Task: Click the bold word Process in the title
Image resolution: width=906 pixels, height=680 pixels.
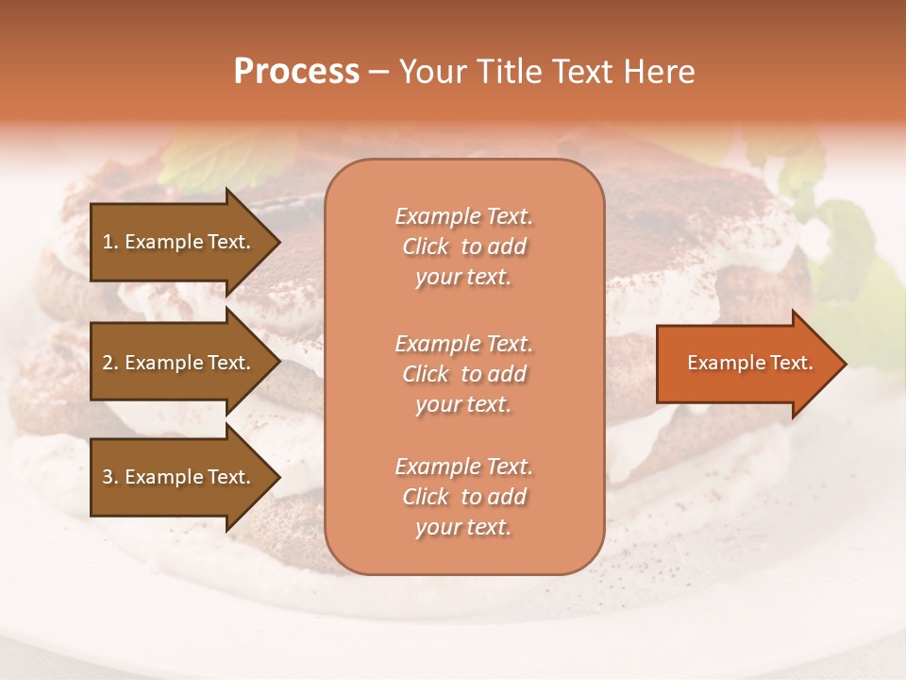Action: [x=296, y=71]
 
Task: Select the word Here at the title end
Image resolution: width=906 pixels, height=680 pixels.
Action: [x=659, y=71]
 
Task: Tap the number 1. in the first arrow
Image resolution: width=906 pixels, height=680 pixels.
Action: [x=110, y=242]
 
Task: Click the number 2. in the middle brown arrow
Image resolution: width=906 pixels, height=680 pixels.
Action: [x=110, y=363]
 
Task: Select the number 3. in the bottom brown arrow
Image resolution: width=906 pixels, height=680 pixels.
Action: [x=110, y=477]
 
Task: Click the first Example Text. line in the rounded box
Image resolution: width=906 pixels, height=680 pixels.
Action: [x=463, y=216]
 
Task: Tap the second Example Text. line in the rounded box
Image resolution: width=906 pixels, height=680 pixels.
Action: [x=463, y=343]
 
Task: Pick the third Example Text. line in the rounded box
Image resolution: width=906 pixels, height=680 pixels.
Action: [x=463, y=467]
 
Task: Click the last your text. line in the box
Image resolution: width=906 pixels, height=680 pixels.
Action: [x=463, y=528]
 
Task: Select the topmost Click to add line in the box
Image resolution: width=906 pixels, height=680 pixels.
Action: [x=463, y=246]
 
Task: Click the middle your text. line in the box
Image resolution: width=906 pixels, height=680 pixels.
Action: [x=463, y=404]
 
